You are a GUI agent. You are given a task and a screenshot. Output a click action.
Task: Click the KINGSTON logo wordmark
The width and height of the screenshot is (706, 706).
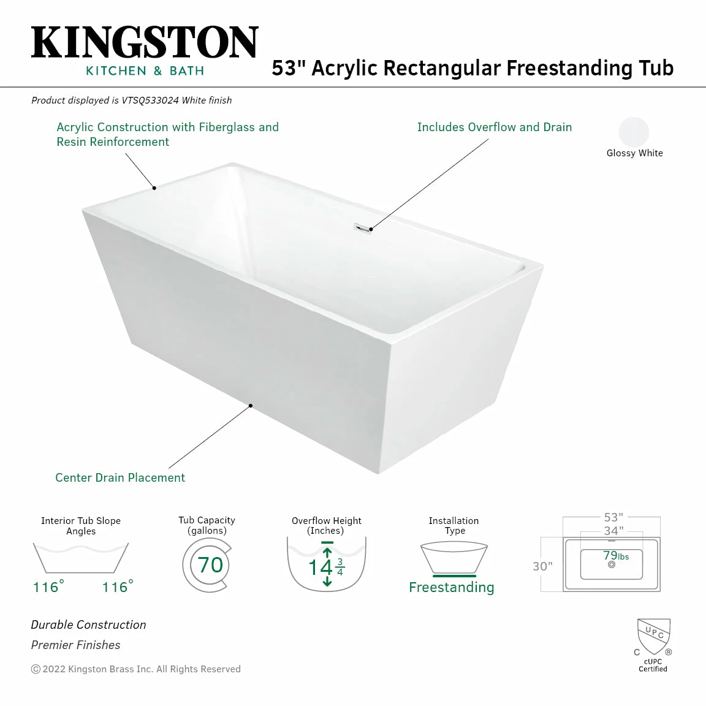(145, 43)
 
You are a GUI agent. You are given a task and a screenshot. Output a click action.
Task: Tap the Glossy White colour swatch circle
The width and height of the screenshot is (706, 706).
(634, 132)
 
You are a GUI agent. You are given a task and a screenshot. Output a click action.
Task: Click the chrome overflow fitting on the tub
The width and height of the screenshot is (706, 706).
(362, 228)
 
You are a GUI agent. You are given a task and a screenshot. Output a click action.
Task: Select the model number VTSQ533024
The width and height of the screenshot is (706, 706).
(150, 101)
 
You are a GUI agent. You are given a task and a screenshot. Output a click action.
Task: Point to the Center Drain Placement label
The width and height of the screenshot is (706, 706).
(120, 478)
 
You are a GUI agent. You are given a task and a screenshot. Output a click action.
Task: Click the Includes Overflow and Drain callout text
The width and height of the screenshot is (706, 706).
(494, 127)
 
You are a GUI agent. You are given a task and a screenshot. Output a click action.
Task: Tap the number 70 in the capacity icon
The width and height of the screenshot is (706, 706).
(210, 564)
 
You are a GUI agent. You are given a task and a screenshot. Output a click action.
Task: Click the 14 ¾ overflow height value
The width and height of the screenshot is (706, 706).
(326, 567)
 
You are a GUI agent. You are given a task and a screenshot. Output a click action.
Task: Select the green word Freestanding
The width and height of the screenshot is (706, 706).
(451, 587)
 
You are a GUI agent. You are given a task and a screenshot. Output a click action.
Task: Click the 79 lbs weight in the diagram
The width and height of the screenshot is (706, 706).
(615, 556)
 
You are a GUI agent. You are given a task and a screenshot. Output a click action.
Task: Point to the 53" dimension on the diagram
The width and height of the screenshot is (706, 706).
(613, 517)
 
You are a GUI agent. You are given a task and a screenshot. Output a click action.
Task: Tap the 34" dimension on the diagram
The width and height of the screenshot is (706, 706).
(613, 531)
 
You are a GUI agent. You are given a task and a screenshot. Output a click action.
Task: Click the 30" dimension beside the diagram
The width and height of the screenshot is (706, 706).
(542, 566)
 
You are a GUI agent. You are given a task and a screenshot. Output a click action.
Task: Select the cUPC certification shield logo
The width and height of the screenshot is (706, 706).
(653, 636)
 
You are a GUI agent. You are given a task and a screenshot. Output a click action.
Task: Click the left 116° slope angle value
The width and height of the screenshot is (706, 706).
(48, 587)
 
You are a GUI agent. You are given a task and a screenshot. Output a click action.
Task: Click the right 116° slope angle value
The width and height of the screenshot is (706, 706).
(117, 587)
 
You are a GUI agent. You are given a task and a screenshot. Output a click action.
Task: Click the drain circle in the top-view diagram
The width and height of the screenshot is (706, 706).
(612, 564)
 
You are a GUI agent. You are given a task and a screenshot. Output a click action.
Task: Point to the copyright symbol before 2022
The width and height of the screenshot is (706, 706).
(36, 669)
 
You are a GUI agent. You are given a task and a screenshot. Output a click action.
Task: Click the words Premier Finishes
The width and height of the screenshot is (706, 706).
(75, 645)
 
